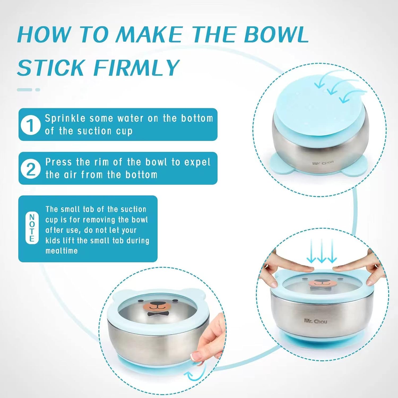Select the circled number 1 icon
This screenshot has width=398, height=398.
(31, 125)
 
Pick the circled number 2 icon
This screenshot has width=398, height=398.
(31, 168)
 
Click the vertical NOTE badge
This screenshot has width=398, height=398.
(32, 228)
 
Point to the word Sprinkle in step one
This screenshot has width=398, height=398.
(65, 118)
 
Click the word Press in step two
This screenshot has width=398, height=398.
(59, 162)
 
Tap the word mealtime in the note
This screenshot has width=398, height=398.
(61, 251)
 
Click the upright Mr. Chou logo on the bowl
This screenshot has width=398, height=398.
(315, 321)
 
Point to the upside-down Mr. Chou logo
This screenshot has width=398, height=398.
(323, 162)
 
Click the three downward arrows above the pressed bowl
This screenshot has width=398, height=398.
(321, 251)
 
